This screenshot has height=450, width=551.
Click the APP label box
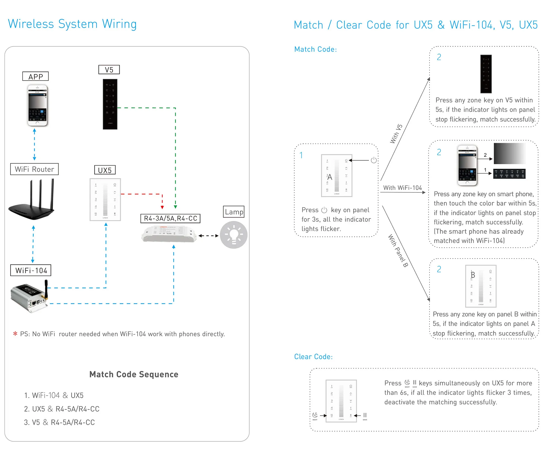(36, 76)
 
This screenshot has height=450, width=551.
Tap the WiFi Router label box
(34, 169)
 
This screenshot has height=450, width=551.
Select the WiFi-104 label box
(31, 270)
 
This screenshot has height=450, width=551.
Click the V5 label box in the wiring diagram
(109, 70)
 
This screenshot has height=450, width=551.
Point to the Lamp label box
(234, 212)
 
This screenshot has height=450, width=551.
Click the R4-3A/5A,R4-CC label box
(170, 218)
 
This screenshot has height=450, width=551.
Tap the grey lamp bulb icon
(234, 235)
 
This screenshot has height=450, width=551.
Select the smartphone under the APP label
(37, 106)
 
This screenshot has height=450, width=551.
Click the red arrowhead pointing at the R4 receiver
(162, 207)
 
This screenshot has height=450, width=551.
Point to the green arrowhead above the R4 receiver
(175, 207)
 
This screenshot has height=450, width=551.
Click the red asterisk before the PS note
(15, 334)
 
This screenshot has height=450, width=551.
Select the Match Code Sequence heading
(134, 374)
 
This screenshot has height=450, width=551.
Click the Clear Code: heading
(313, 357)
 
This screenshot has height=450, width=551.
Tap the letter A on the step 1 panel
(329, 177)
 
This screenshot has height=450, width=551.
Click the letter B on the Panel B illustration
(473, 275)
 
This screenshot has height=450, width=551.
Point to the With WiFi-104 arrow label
(402, 188)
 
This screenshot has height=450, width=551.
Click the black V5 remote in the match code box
(486, 74)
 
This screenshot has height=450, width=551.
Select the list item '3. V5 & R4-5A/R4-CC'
(59, 422)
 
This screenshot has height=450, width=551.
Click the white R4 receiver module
(169, 234)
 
